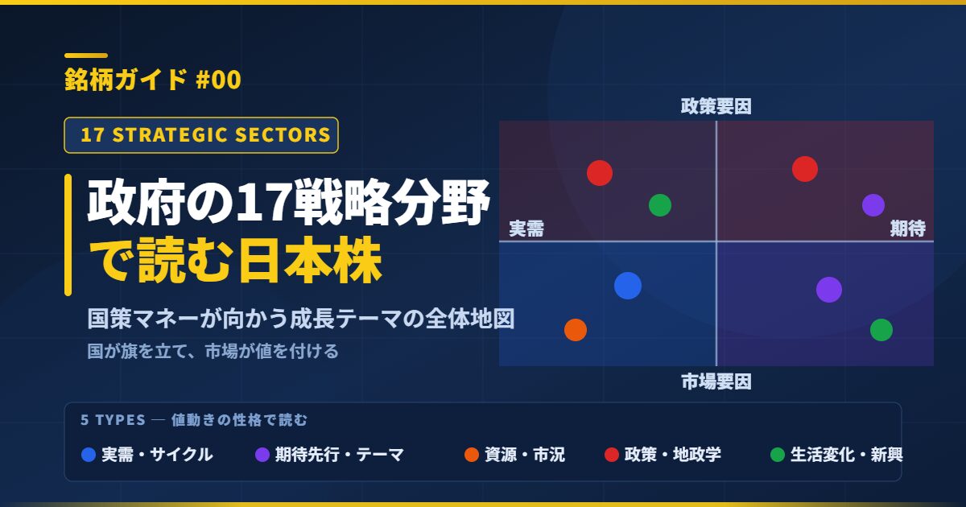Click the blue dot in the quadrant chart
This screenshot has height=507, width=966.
click(627, 286)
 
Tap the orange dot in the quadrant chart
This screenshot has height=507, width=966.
click(576, 330)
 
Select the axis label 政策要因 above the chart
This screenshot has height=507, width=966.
click(716, 106)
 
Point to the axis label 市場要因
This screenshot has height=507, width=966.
click(716, 381)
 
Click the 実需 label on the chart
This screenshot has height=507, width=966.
click(526, 229)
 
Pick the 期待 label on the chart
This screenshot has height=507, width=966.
click(908, 228)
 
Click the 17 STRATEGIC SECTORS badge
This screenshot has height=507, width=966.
click(201, 135)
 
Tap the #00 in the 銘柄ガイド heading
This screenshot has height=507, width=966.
click(218, 80)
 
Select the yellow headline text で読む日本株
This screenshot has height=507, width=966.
click(235, 261)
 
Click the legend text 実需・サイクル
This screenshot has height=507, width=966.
click(157, 455)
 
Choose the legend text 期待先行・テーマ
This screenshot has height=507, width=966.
click(340, 455)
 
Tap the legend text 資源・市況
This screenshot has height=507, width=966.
click(524, 455)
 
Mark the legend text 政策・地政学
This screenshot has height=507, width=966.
click(673, 455)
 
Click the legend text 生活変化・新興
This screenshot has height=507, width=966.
click(847, 455)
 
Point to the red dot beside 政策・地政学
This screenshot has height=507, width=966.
click(612, 455)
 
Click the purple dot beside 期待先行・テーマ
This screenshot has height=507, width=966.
click(262, 455)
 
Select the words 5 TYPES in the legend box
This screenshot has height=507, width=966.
click(113, 420)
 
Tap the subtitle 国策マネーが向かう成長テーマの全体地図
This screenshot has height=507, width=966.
click(300, 319)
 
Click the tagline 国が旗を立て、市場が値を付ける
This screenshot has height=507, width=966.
click(213, 352)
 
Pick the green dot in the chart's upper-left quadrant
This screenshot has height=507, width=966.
click(660, 205)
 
